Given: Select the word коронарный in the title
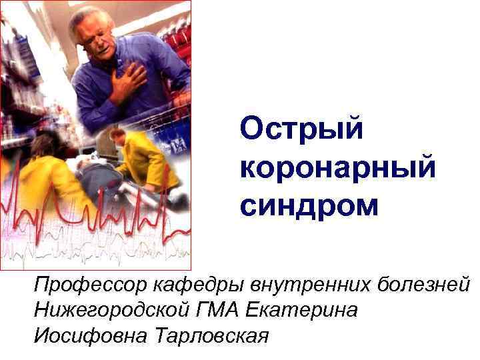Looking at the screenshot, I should point(338,167).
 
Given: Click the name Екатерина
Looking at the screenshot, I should point(302,311).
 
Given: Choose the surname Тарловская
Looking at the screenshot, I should point(211,335).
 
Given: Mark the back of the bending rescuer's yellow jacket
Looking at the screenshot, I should point(150,160).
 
